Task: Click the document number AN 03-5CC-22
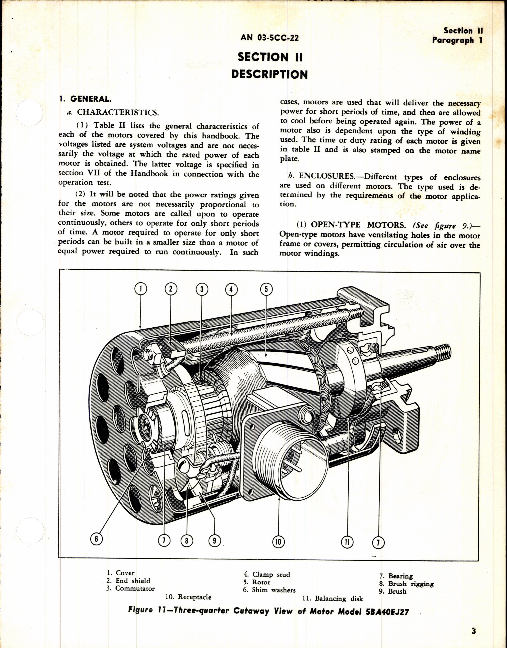(269, 38)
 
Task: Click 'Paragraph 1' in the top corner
(457, 40)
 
